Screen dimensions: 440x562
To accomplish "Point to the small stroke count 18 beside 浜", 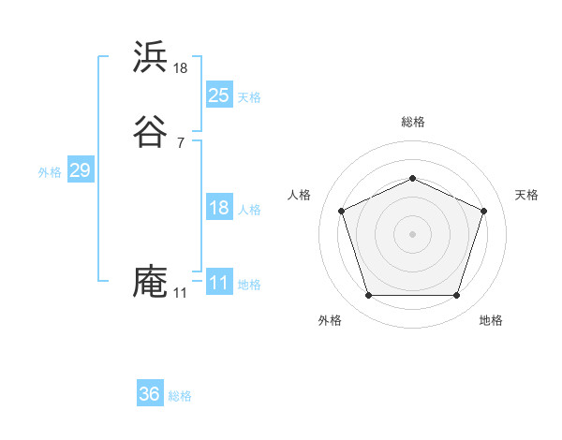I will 181,67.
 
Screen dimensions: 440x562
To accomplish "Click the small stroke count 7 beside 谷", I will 181,142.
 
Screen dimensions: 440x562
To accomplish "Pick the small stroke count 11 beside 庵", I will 180,293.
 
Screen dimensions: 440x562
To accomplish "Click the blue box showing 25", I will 219,95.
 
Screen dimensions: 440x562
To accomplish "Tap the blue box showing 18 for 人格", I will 219,208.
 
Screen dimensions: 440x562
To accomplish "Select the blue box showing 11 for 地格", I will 219,283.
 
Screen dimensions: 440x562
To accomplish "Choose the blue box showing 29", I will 80,170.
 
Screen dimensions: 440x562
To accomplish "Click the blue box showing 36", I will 150,394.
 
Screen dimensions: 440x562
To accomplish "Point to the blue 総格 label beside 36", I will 180,396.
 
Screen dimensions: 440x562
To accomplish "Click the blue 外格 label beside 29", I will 50,172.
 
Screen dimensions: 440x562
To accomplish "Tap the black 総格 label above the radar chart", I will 412,122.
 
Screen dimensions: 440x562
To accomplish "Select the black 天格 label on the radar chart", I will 526,195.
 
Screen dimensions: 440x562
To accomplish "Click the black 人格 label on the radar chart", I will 300,195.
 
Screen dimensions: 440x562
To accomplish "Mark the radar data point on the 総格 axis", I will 412,178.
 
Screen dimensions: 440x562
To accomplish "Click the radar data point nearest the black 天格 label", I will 483,211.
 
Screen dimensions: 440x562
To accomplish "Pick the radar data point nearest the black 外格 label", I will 368,296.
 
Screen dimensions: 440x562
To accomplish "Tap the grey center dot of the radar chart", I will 412,234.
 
